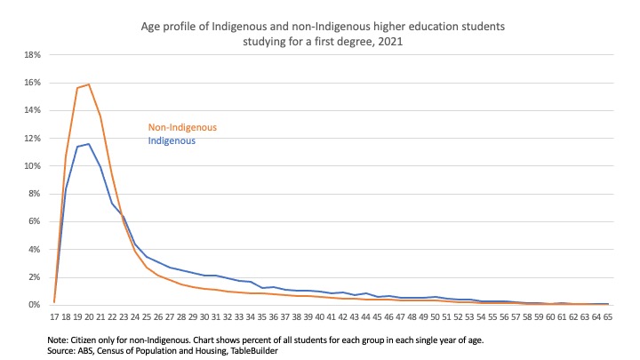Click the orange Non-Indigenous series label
click(x=181, y=127)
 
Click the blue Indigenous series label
click(x=171, y=140)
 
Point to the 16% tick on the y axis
click(x=34, y=82)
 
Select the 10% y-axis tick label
click(x=34, y=165)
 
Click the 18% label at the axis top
click(x=34, y=54)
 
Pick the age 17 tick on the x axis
click(x=54, y=316)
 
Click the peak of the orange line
click(x=89, y=84)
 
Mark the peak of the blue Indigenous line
click(x=89, y=144)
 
